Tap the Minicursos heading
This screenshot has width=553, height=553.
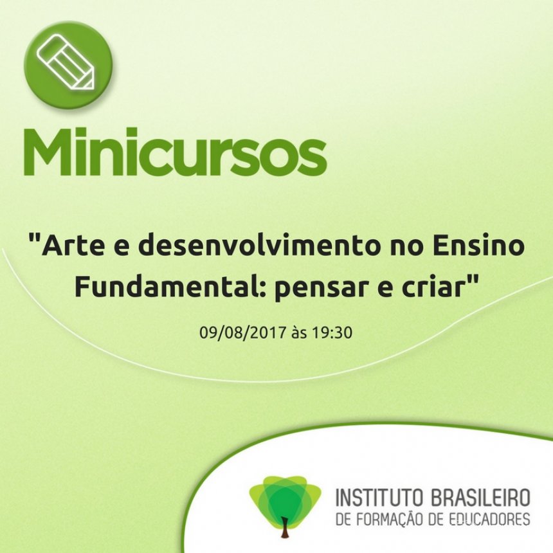point(175,152)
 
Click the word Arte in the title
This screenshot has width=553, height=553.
point(72,246)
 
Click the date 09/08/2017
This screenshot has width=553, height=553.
point(242,332)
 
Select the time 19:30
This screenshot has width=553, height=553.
point(332,332)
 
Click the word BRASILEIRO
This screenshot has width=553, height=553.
point(481,497)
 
